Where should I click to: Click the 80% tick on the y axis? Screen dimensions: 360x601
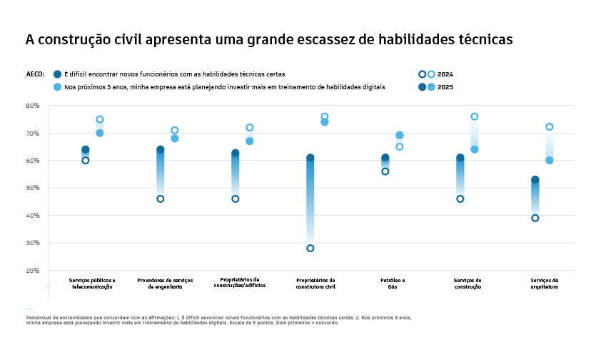(33, 106)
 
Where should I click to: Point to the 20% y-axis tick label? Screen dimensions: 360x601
(33, 271)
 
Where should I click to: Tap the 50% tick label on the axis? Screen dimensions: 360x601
(33, 188)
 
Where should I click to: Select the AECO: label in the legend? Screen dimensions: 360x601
(35, 74)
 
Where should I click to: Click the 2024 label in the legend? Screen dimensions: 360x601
(445, 74)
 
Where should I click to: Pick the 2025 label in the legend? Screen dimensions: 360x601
(445, 87)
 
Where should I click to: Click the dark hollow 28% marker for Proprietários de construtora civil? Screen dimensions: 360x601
(310, 249)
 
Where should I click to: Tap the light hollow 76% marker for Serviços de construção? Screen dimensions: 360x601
(475, 116)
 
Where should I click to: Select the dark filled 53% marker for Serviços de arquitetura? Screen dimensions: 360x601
(535, 180)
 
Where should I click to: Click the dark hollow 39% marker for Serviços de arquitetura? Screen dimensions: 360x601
(535, 218)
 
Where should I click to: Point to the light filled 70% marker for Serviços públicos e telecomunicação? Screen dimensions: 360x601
(100, 133)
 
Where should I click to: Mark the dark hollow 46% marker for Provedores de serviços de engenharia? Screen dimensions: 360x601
(161, 199)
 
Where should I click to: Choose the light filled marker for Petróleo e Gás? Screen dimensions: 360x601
(400, 135)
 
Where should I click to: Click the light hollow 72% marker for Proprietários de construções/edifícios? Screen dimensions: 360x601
(250, 128)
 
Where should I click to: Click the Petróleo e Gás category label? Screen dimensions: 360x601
(393, 284)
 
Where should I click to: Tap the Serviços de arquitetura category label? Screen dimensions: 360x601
(545, 284)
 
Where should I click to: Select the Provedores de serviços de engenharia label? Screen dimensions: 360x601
(165, 284)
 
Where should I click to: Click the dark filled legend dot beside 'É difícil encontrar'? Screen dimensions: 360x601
(57, 74)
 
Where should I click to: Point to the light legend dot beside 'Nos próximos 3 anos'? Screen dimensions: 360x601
(57, 87)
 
